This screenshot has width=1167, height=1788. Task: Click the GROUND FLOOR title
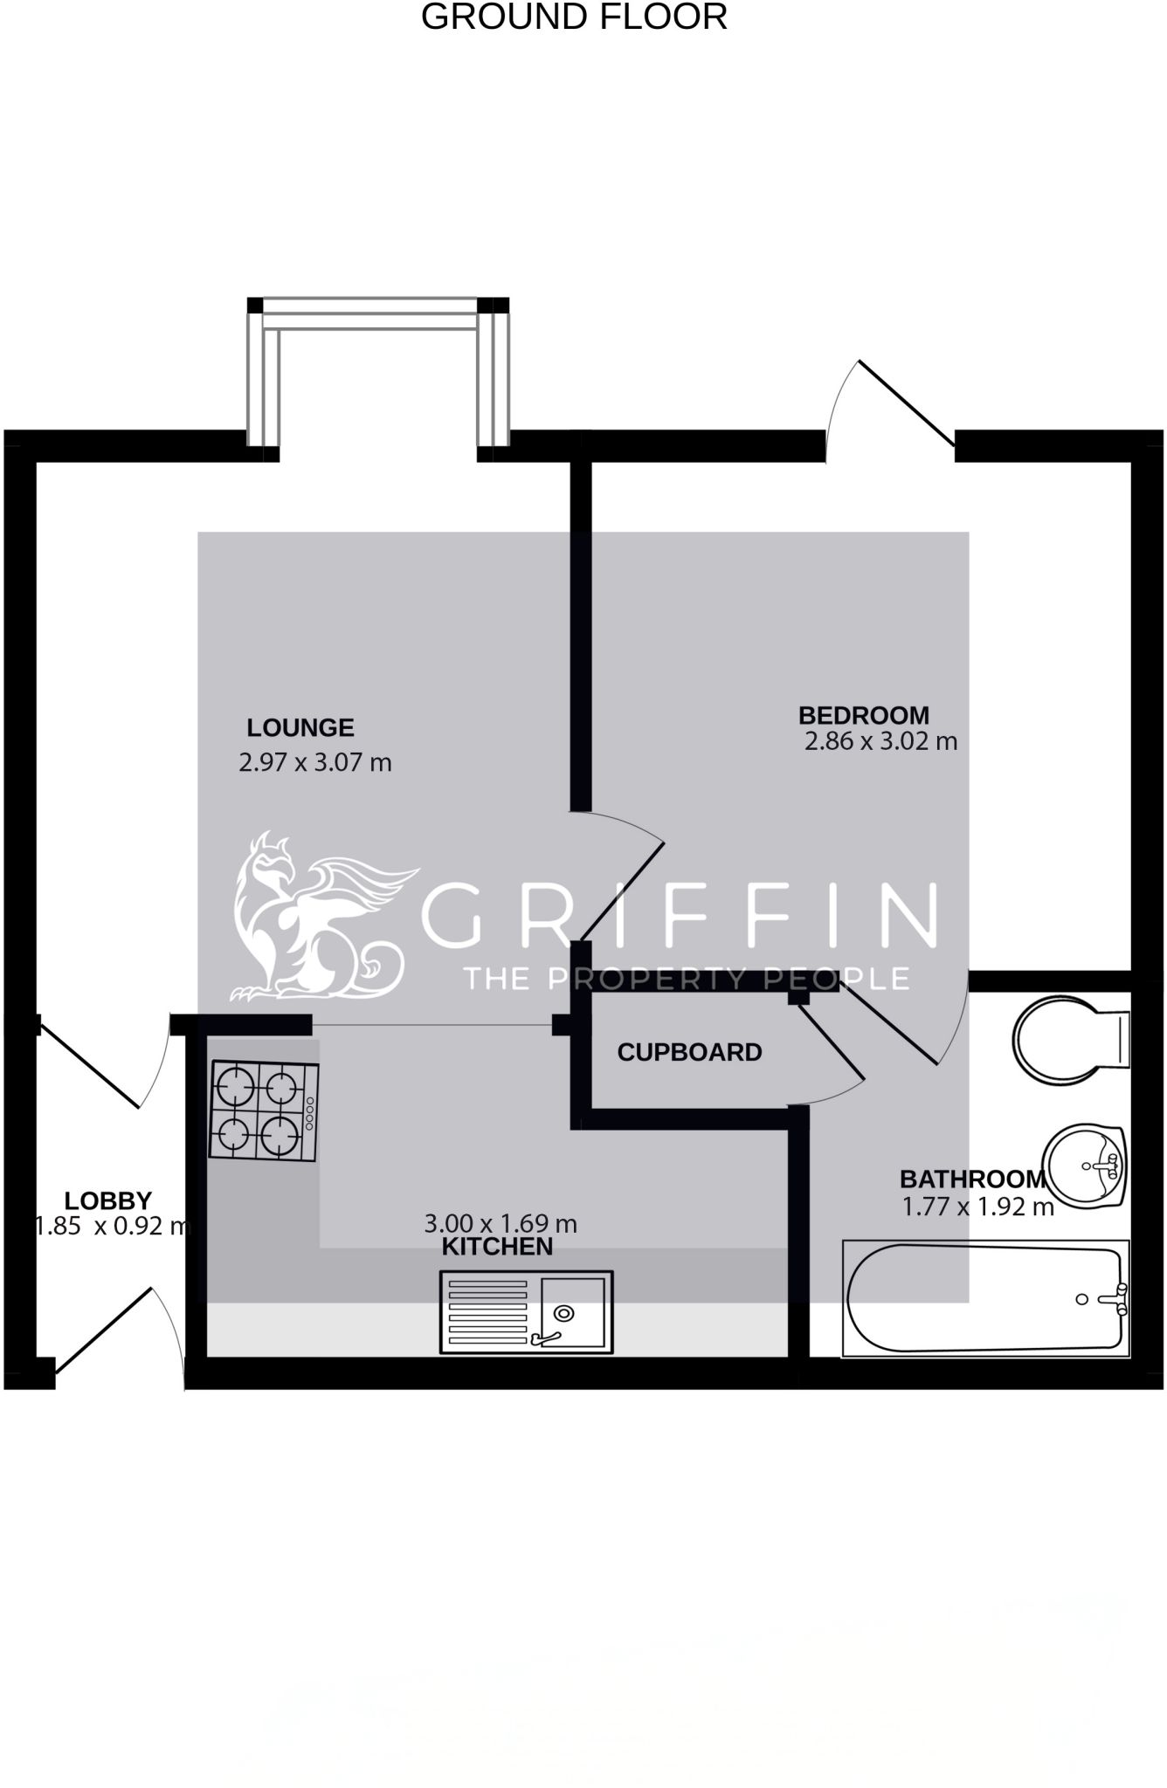click(x=574, y=17)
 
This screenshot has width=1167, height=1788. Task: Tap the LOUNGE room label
click(x=300, y=727)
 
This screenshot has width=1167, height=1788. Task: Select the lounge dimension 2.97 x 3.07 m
click(x=315, y=762)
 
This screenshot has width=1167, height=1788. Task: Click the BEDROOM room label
click(x=864, y=715)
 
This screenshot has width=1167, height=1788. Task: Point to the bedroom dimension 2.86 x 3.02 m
click(x=880, y=741)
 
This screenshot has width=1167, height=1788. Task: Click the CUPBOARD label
click(x=689, y=1052)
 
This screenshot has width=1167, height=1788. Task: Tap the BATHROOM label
click(x=972, y=1179)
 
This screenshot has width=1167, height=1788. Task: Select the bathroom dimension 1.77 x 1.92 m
click(x=977, y=1207)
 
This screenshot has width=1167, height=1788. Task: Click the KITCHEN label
click(x=497, y=1247)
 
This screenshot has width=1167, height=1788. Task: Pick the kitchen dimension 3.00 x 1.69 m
click(x=501, y=1224)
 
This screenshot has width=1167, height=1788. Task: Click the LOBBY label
click(x=108, y=1200)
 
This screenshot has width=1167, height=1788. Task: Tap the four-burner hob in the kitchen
click(x=264, y=1111)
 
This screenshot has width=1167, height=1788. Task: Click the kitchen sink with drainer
click(x=527, y=1312)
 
